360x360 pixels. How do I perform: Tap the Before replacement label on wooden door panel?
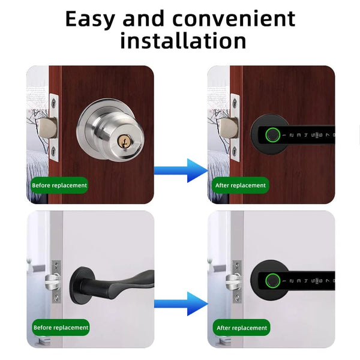(59, 185)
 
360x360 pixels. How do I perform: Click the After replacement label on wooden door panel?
(240, 185)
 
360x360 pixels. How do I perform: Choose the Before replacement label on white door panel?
(60, 328)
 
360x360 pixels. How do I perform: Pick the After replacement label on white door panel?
(241, 328)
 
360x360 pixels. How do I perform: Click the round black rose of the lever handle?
(86, 281)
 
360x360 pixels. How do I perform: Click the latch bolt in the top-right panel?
(227, 127)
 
